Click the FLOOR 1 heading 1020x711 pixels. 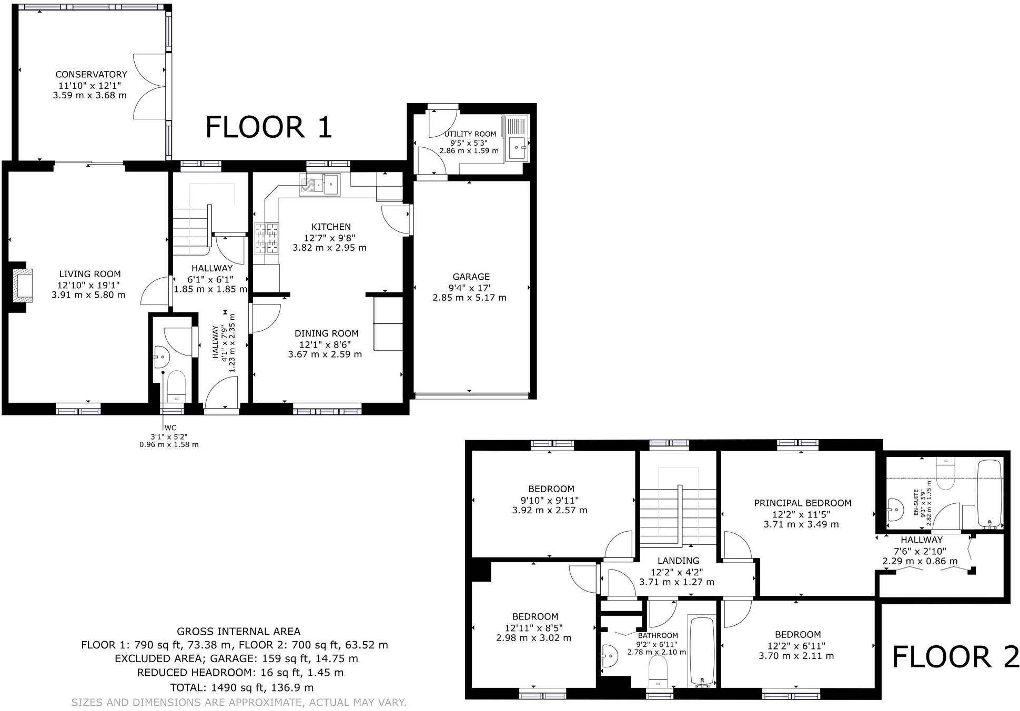268,127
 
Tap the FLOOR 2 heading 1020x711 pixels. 955,657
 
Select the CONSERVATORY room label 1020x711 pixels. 91,75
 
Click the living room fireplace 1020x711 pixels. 22,284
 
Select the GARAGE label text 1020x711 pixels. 471,277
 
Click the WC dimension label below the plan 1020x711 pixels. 169,436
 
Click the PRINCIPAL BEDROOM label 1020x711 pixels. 802,503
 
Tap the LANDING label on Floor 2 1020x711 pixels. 678,561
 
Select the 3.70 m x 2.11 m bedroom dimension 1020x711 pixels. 796,656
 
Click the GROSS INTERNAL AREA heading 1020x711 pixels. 238,632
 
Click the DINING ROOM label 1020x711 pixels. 326,333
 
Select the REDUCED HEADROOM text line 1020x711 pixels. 240,673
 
